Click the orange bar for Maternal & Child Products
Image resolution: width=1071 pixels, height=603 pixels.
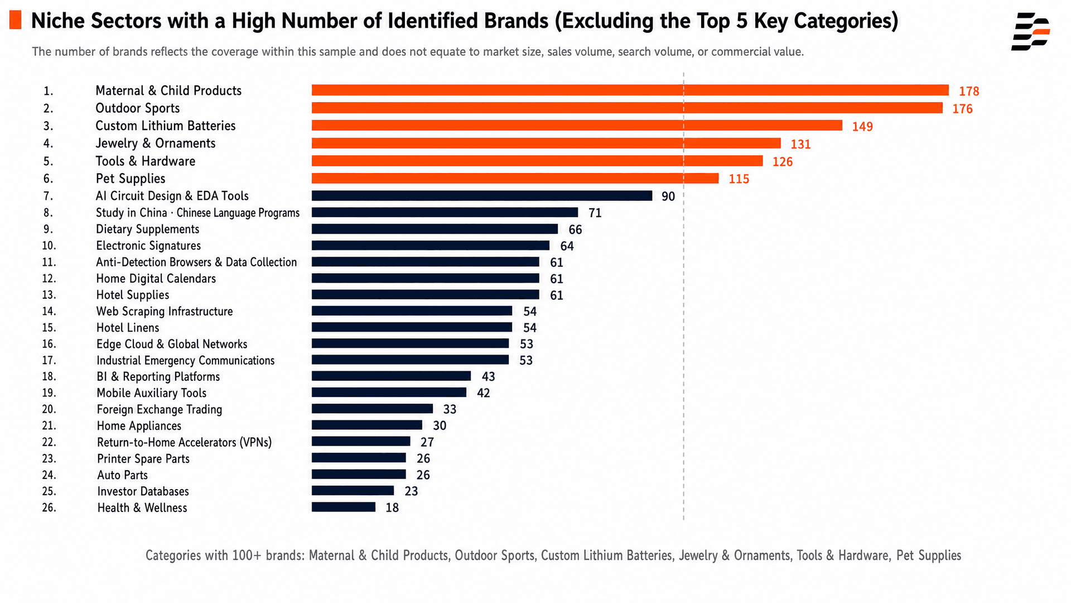pyautogui.click(x=630, y=90)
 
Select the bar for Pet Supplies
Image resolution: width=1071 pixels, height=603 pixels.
pyautogui.click(x=515, y=179)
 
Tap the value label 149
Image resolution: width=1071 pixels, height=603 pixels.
pyautogui.click(x=862, y=127)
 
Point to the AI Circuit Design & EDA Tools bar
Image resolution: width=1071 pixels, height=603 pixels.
pyautogui.click(x=482, y=196)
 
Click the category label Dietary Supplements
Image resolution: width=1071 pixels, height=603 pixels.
pyautogui.click(x=147, y=229)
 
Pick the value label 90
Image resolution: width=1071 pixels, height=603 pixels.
pyautogui.click(x=668, y=197)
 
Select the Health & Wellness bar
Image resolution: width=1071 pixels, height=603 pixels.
pyautogui.click(x=344, y=507)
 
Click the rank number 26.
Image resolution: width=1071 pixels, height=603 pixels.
pyautogui.click(x=49, y=508)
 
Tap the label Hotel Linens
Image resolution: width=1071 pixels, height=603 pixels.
pyautogui.click(x=128, y=328)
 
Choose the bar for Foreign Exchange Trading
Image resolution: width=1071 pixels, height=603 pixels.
pyautogui.click(x=372, y=409)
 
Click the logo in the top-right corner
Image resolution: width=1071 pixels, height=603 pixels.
pyautogui.click(x=1031, y=31)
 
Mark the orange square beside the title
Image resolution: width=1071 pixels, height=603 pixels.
pyautogui.click(x=16, y=20)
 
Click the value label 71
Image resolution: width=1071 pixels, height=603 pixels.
pyautogui.click(x=595, y=213)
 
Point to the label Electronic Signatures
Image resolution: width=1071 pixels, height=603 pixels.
pyautogui.click(x=148, y=246)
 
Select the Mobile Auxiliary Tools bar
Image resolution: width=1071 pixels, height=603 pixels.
pyautogui.click(x=389, y=393)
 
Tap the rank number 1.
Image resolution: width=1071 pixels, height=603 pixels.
pyautogui.click(x=48, y=91)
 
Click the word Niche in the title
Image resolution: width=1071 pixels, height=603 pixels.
pyautogui.click(x=58, y=21)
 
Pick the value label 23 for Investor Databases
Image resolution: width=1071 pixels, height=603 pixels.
pyautogui.click(x=411, y=491)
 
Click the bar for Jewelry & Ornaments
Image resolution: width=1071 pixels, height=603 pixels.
pyautogui.click(x=546, y=143)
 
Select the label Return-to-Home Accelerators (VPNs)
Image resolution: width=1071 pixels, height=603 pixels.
pyautogui.click(x=185, y=442)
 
